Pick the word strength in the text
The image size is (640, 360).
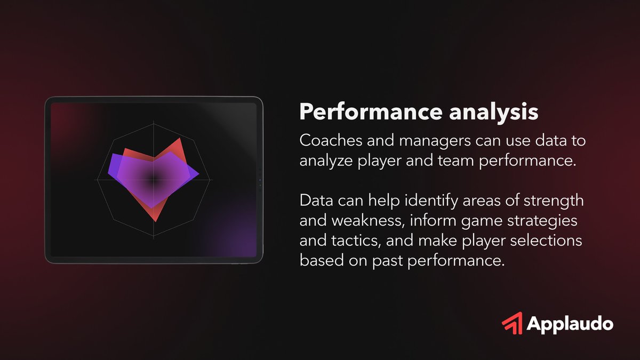[555, 202]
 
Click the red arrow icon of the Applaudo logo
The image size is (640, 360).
[512, 324]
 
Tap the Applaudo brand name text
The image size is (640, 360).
[570, 324]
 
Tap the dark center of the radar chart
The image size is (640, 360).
[154, 180]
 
